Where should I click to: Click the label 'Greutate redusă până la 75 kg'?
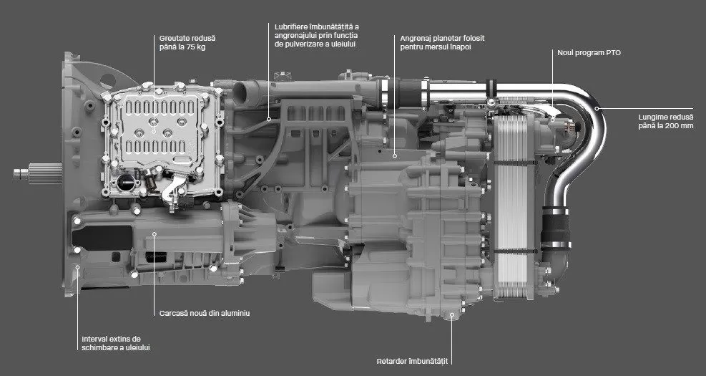187,42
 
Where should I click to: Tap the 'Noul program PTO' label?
589,53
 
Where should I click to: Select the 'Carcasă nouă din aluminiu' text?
205,313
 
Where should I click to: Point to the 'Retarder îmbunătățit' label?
413,361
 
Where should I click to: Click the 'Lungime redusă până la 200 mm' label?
666,121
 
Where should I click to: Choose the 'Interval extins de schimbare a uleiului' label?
116,343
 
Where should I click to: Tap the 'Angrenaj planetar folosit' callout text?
442,39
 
